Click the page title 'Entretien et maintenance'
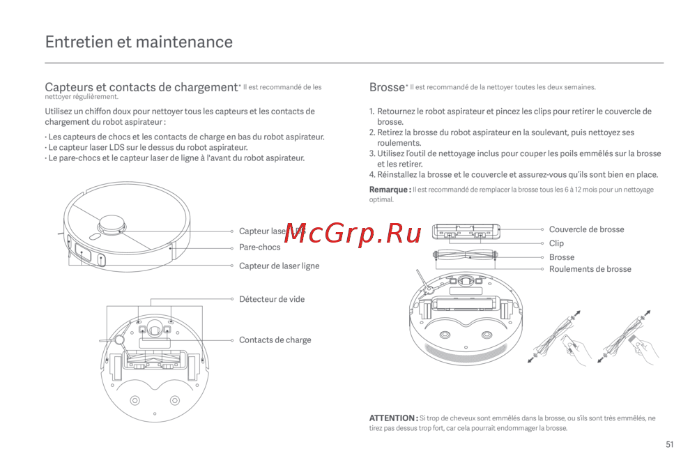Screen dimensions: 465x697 point(139,42)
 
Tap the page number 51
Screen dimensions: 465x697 point(670,445)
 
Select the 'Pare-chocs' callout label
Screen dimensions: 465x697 point(259,247)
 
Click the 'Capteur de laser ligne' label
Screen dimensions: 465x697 point(279,266)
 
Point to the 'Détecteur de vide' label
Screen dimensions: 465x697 point(271,299)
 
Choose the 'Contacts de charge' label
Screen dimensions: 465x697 point(275,340)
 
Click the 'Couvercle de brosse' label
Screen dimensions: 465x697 point(586,229)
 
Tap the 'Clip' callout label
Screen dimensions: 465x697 point(556,243)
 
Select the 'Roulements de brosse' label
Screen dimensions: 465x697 point(590,269)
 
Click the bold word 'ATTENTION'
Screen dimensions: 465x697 point(392,418)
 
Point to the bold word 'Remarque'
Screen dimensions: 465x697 point(389,190)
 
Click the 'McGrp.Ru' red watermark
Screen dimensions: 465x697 point(353,234)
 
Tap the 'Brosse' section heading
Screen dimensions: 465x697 point(387,88)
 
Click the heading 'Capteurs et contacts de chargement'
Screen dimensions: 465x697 point(141,88)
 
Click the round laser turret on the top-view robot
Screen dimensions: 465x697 point(112,224)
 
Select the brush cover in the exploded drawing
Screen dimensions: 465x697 point(467,231)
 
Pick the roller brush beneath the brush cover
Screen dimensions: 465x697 point(467,256)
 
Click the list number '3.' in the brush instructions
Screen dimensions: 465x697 point(372,153)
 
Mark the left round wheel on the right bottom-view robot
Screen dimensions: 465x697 point(438,333)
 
